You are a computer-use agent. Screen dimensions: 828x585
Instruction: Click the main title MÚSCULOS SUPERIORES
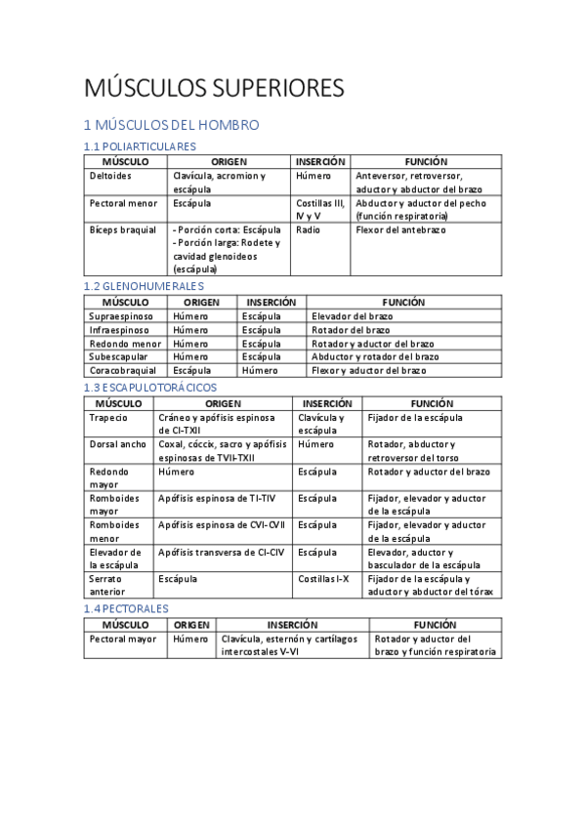[x=214, y=88]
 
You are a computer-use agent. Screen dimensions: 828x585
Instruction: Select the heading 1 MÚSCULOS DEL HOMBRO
[x=171, y=125]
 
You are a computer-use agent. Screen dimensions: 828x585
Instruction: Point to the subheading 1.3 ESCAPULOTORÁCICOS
[x=150, y=388]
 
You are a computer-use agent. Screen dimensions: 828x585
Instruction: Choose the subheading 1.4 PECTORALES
[x=126, y=608]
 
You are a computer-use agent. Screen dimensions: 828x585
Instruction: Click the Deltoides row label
[x=110, y=176]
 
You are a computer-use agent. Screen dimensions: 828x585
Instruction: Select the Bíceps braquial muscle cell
[x=123, y=229]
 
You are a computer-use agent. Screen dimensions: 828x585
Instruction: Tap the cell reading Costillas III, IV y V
[x=319, y=209]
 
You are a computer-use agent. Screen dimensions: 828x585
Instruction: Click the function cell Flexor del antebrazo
[x=400, y=229]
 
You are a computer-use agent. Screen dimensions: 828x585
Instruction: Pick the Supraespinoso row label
[x=121, y=316]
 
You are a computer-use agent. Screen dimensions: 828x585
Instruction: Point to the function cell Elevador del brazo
[x=354, y=316]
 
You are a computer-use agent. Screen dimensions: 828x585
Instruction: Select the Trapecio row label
[x=108, y=418]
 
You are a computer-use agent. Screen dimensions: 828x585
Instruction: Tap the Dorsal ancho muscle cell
[x=117, y=444]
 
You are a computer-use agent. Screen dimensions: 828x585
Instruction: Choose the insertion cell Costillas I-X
[x=323, y=579]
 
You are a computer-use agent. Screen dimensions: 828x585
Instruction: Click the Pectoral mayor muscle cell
[x=122, y=640]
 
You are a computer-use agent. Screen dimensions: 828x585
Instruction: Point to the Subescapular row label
[x=119, y=357]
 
